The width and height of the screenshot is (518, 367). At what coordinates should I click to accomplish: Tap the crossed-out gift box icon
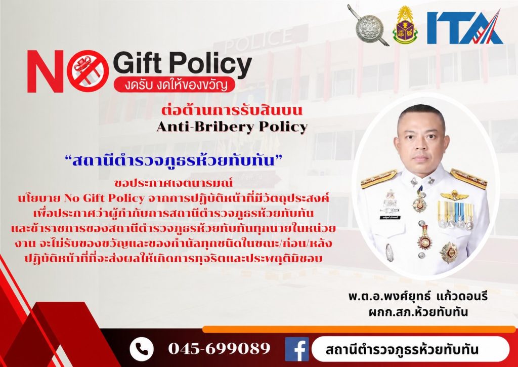pyautogui.click(x=88, y=71)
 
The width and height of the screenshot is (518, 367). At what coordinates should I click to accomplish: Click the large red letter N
pyautogui.click(x=45, y=71)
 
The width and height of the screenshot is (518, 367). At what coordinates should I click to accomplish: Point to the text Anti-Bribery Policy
pyautogui.click(x=232, y=127)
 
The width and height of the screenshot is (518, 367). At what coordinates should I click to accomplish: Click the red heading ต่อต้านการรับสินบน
pyautogui.click(x=232, y=110)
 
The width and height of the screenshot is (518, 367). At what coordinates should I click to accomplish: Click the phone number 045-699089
pyautogui.click(x=219, y=348)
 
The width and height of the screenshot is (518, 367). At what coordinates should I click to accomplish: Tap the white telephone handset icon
pyautogui.click(x=142, y=349)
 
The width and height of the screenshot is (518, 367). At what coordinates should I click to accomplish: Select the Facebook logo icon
pyautogui.click(x=296, y=349)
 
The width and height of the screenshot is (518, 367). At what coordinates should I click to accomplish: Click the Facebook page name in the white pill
pyautogui.click(x=402, y=349)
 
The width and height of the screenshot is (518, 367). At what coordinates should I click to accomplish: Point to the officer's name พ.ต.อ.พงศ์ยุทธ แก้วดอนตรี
pyautogui.click(x=418, y=296)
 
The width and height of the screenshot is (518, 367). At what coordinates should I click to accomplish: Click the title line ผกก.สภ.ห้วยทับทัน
pyautogui.click(x=418, y=312)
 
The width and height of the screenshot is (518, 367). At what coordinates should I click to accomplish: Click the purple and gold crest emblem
pyautogui.click(x=405, y=25)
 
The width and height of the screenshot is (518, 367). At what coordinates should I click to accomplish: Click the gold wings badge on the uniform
pyautogui.click(x=454, y=195)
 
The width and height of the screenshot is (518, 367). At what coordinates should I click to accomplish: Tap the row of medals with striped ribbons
pyautogui.click(x=455, y=215)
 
